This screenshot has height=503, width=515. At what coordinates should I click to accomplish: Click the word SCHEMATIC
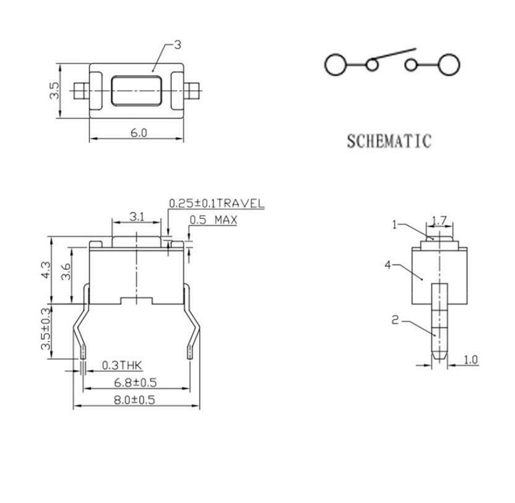389,142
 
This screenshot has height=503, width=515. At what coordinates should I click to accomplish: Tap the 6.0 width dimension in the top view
138,133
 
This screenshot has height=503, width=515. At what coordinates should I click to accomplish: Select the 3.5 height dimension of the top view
54,90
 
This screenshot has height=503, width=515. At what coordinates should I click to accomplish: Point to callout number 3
177,44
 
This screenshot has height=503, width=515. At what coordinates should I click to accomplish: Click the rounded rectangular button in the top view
136,91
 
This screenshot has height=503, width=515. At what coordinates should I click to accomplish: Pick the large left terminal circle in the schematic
335,64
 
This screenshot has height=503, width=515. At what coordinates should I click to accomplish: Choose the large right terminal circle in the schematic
449,64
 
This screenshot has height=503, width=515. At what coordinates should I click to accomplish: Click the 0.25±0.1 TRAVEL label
216,203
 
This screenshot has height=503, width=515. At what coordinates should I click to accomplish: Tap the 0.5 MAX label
213,219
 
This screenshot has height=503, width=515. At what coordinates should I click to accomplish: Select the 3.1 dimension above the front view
137,217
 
